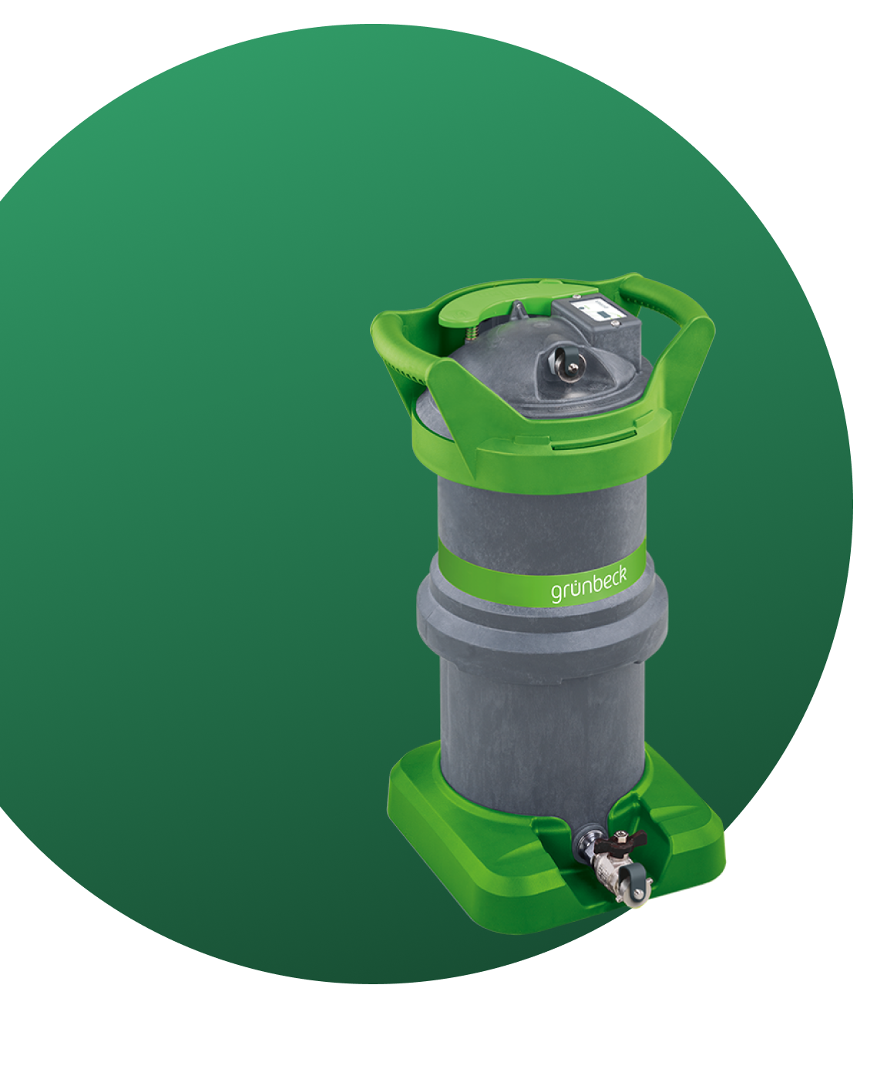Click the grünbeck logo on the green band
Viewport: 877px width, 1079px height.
point(588,587)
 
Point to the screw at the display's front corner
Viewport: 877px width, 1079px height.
point(616,323)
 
